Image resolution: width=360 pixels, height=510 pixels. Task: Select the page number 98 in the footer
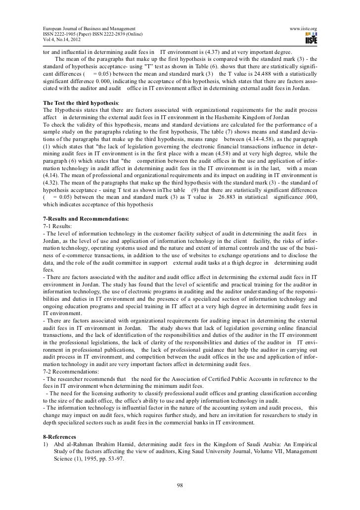pyautogui.click(x=180, y=484)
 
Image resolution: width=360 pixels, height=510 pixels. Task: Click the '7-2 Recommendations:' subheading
pyautogui.click(x=73, y=370)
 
